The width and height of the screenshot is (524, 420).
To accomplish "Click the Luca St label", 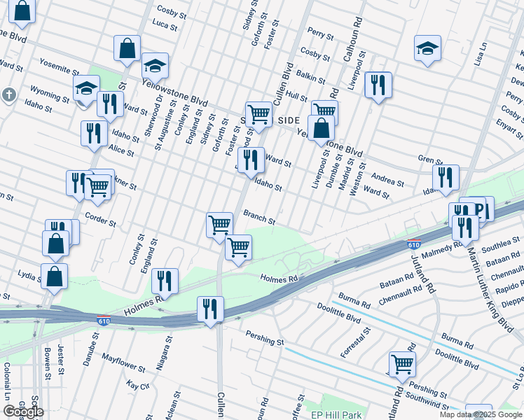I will (165, 24).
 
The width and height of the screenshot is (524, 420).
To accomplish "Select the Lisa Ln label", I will (481, 54).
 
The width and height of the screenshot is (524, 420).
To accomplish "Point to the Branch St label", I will (259, 216).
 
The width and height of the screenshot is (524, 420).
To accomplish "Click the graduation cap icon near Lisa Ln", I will (427, 49).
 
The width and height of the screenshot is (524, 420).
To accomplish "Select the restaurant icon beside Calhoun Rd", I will (378, 85).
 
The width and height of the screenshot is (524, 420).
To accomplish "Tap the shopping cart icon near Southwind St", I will (402, 363).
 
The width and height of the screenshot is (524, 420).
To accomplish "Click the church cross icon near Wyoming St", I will (8, 94).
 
